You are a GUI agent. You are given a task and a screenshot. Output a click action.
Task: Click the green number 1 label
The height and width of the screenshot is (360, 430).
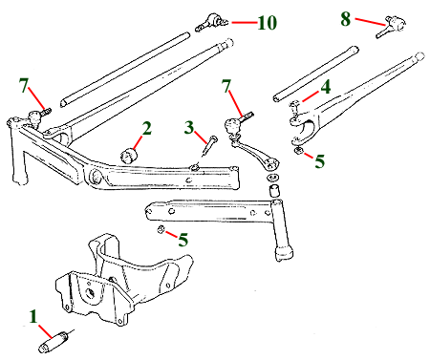33,316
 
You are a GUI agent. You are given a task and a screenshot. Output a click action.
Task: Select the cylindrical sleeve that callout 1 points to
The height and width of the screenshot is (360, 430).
54,342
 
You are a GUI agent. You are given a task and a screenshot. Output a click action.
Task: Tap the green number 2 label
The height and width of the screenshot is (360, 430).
147,128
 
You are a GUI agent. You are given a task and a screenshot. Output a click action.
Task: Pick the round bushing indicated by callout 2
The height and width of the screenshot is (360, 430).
129,155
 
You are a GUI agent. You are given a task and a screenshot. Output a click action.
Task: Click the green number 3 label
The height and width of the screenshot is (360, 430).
189,127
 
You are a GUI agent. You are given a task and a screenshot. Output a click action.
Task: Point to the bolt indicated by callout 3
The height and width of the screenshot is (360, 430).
208,147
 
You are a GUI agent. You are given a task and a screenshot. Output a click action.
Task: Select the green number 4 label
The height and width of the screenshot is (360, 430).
326,87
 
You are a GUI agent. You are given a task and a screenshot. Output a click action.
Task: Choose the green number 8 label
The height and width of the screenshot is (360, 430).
346,19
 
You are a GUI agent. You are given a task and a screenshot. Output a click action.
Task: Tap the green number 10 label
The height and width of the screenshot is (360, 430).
268,23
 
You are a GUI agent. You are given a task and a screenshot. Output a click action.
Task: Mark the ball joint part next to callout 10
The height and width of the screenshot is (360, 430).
212,22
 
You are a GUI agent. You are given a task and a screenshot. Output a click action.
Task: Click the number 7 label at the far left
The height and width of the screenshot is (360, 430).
24,85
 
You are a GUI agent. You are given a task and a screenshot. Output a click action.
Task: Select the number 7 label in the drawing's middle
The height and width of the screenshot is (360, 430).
226,86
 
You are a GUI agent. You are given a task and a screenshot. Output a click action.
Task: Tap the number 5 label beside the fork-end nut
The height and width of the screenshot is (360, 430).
320,160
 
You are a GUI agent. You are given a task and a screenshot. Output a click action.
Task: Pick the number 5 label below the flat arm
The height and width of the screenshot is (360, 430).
183,240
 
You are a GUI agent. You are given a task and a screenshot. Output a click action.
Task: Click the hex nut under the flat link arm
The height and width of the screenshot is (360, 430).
161,229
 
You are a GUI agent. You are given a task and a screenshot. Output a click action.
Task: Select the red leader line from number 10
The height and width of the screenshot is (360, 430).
245,23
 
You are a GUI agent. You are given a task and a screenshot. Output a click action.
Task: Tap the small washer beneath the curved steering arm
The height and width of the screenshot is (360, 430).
272,177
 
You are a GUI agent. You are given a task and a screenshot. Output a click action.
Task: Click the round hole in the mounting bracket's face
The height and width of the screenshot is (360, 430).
91,292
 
